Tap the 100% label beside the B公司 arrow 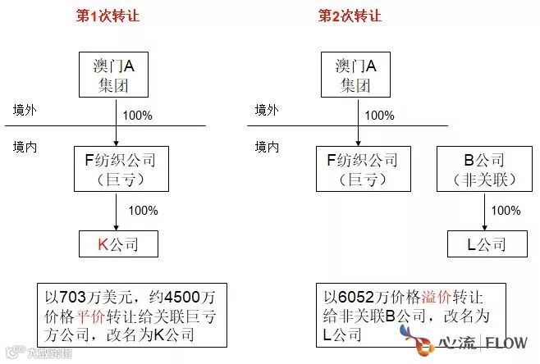point(506,211)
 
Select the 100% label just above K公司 point(143,211)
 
